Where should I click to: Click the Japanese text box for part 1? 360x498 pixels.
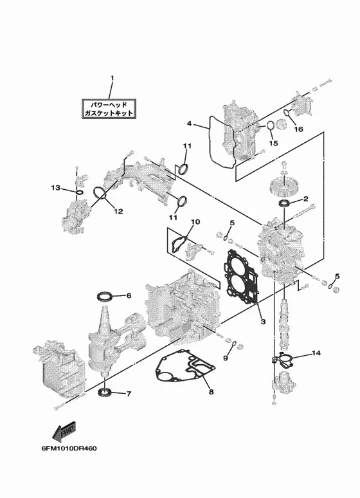(109, 109)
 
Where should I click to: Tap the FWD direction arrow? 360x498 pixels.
(64, 432)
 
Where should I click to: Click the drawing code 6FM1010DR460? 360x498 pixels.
(69, 448)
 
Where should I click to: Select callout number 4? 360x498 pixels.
(189, 124)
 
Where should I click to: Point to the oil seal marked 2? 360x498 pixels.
(284, 203)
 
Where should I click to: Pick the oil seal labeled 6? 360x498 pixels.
(105, 297)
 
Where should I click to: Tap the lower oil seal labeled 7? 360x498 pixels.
(105, 392)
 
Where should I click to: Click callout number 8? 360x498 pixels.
(211, 392)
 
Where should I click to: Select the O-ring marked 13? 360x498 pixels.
(79, 192)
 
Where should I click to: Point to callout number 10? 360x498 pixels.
(195, 221)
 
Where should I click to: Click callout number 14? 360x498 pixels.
(316, 353)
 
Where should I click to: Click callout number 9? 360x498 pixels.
(226, 358)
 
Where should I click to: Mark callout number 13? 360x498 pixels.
(55, 188)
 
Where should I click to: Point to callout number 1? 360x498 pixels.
(112, 78)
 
